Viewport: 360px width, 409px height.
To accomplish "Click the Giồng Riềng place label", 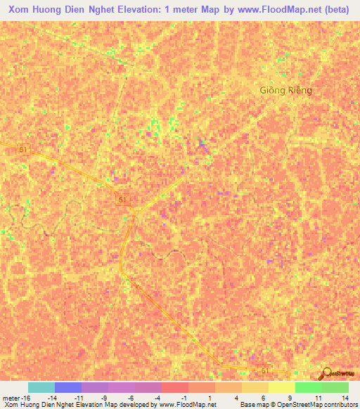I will tap(285, 91).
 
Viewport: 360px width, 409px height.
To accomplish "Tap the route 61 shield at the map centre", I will tap(124, 200).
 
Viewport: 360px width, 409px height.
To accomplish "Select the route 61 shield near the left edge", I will tap(24, 150).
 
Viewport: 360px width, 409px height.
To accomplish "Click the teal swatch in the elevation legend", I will tap(41, 387).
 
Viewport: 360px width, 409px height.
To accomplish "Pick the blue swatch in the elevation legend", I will tap(68, 387).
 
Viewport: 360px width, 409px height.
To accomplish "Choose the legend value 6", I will tap(263, 398).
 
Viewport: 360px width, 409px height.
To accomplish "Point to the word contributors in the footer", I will tap(341, 405).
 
